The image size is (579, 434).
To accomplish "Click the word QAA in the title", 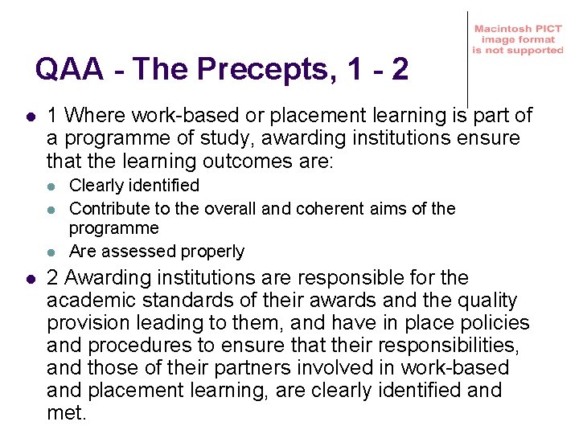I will coord(69,71).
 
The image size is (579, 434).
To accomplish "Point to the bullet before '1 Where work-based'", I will coord(29,117).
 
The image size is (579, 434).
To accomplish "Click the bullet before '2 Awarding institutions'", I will coord(29,279).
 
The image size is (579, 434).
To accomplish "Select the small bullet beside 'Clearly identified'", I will coord(51,186).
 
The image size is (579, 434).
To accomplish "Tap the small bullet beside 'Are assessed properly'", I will coord(51,252).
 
